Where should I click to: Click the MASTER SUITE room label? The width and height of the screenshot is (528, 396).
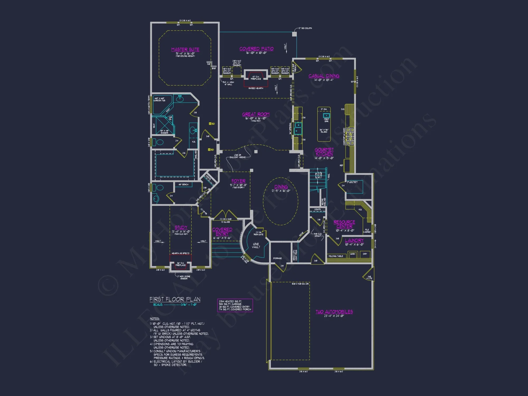(x=185, y=49)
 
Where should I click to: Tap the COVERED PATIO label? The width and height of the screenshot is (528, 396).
(x=256, y=49)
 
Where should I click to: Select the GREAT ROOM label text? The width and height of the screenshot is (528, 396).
(x=256, y=114)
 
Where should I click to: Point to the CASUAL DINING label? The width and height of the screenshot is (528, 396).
(x=324, y=76)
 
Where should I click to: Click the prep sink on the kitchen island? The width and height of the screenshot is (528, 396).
(x=327, y=116)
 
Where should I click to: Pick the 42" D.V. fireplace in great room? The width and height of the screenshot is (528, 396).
(x=256, y=76)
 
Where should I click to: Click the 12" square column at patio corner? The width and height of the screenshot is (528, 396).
(x=294, y=34)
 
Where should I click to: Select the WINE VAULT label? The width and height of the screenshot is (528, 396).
(x=256, y=246)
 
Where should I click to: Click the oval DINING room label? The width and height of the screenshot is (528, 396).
(x=281, y=187)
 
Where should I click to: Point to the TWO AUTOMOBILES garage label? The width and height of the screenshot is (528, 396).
(x=334, y=312)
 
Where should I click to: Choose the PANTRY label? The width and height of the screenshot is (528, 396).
(x=352, y=182)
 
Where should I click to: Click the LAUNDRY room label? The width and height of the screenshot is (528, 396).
(x=354, y=240)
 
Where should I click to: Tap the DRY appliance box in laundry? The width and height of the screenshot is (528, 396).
(x=365, y=254)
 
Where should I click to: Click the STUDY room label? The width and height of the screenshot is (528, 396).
(x=181, y=227)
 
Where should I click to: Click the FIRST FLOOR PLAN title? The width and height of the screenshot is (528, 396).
(x=175, y=299)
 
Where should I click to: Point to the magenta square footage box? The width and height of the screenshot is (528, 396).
(x=235, y=305)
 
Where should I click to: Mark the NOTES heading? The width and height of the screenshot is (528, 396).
(x=155, y=319)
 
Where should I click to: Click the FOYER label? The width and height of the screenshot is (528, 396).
(x=238, y=181)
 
